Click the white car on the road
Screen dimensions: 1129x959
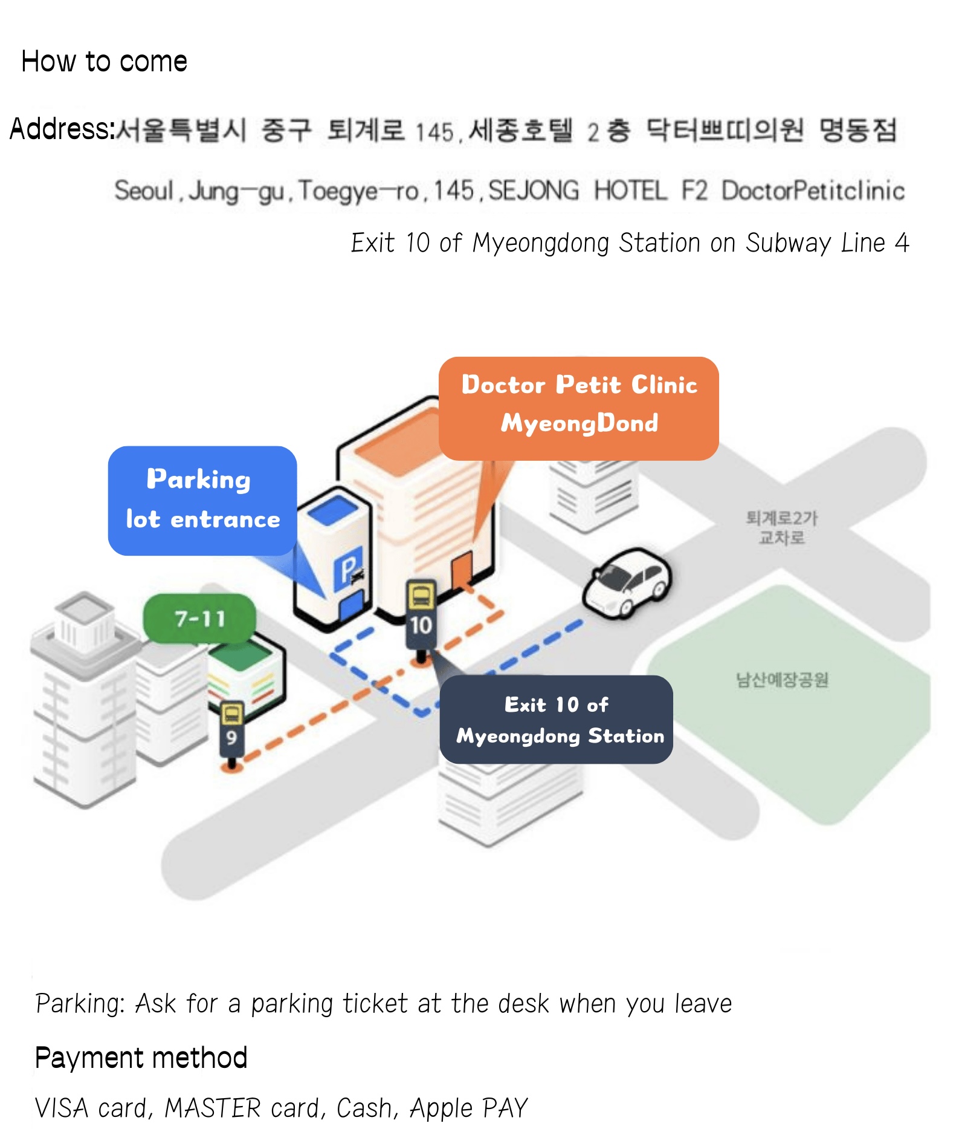pyautogui.click(x=626, y=582)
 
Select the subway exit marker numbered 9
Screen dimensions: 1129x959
pyautogui.click(x=231, y=728)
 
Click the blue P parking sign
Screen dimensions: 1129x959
pyautogui.click(x=349, y=568)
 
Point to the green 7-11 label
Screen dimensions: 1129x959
pyautogui.click(x=199, y=619)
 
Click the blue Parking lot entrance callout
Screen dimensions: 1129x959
pyautogui.click(x=202, y=500)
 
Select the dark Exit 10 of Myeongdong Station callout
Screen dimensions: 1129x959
pyautogui.click(x=556, y=720)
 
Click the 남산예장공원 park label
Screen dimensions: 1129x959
pyautogui.click(x=782, y=680)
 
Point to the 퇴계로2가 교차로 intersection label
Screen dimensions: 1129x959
pyautogui.click(x=781, y=527)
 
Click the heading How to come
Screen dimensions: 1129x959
pyautogui.click(x=104, y=62)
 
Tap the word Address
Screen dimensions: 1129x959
pyautogui.click(x=61, y=129)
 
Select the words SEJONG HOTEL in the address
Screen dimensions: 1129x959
pyautogui.click(x=577, y=191)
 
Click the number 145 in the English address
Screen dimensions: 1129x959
pyautogui.click(x=453, y=191)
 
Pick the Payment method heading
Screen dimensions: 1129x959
pyautogui.click(x=141, y=1058)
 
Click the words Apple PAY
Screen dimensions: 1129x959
pyautogui.click(x=468, y=1108)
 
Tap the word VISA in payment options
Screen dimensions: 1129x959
pyautogui.click(x=61, y=1108)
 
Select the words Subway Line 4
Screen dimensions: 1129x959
pyautogui.click(x=827, y=243)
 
